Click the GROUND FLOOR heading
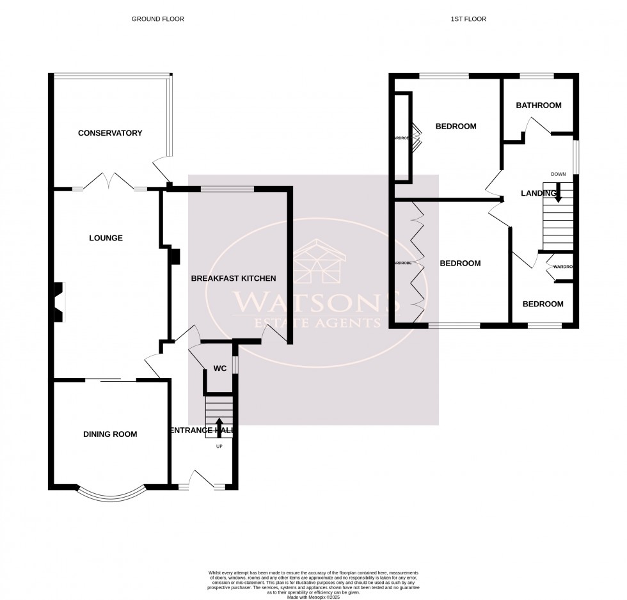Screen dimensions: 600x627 pyautogui.click(x=157, y=19)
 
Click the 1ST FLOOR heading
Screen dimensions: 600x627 pyautogui.click(x=468, y=19)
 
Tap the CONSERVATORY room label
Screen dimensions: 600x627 pyautogui.click(x=109, y=133)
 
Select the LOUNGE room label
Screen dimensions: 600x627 pyautogui.click(x=106, y=238)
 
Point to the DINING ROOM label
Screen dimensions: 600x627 pyautogui.click(x=110, y=434)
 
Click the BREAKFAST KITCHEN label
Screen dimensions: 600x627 pyautogui.click(x=234, y=278)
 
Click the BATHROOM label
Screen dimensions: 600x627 pyautogui.click(x=539, y=106)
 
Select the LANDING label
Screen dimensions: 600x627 pyautogui.click(x=538, y=193)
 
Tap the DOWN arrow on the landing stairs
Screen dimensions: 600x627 pyautogui.click(x=558, y=193)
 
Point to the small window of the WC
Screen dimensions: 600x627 pyautogui.click(x=235, y=363)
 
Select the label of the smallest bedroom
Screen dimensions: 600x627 pyautogui.click(x=543, y=304)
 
